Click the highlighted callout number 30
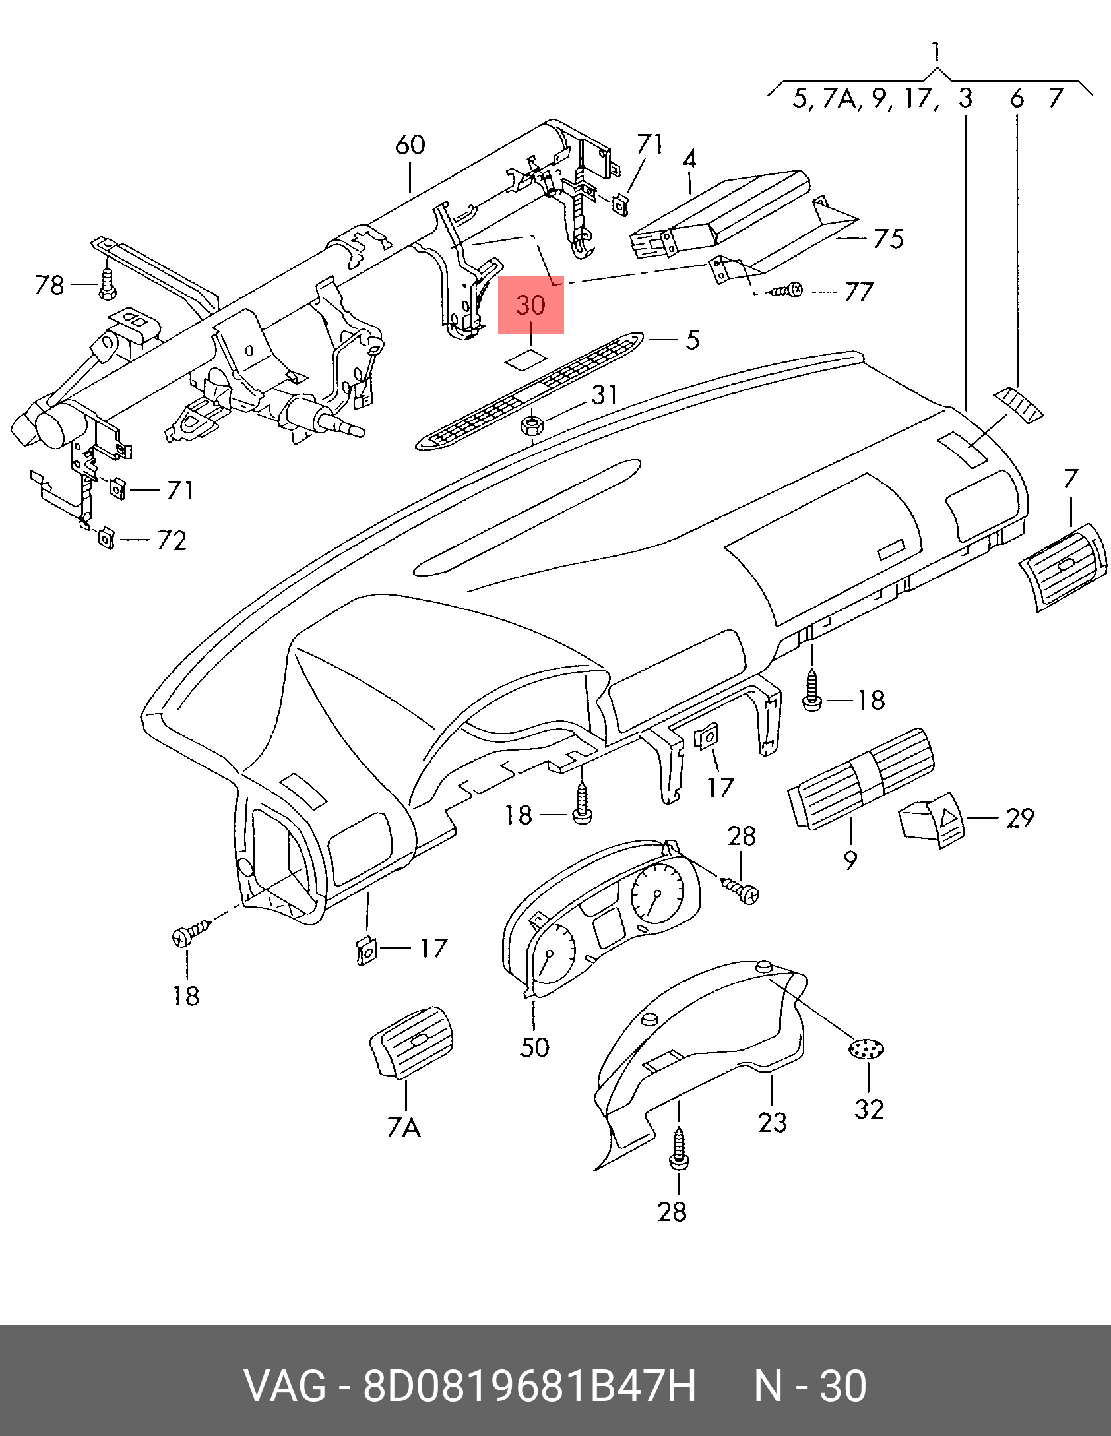(530, 305)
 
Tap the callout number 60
(410, 145)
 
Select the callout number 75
(888, 239)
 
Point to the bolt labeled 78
(108, 287)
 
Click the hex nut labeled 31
(532, 425)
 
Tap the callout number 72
(172, 541)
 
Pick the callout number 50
(534, 1047)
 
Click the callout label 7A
(404, 1127)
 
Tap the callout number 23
(772, 1122)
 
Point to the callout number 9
(850, 859)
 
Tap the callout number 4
(689, 159)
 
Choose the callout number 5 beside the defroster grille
(692, 340)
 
